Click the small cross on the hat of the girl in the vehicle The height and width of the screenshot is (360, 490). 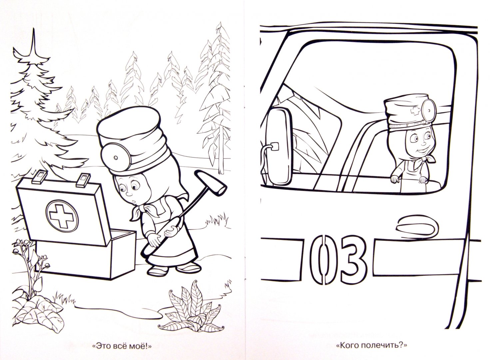tap(415, 111)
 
